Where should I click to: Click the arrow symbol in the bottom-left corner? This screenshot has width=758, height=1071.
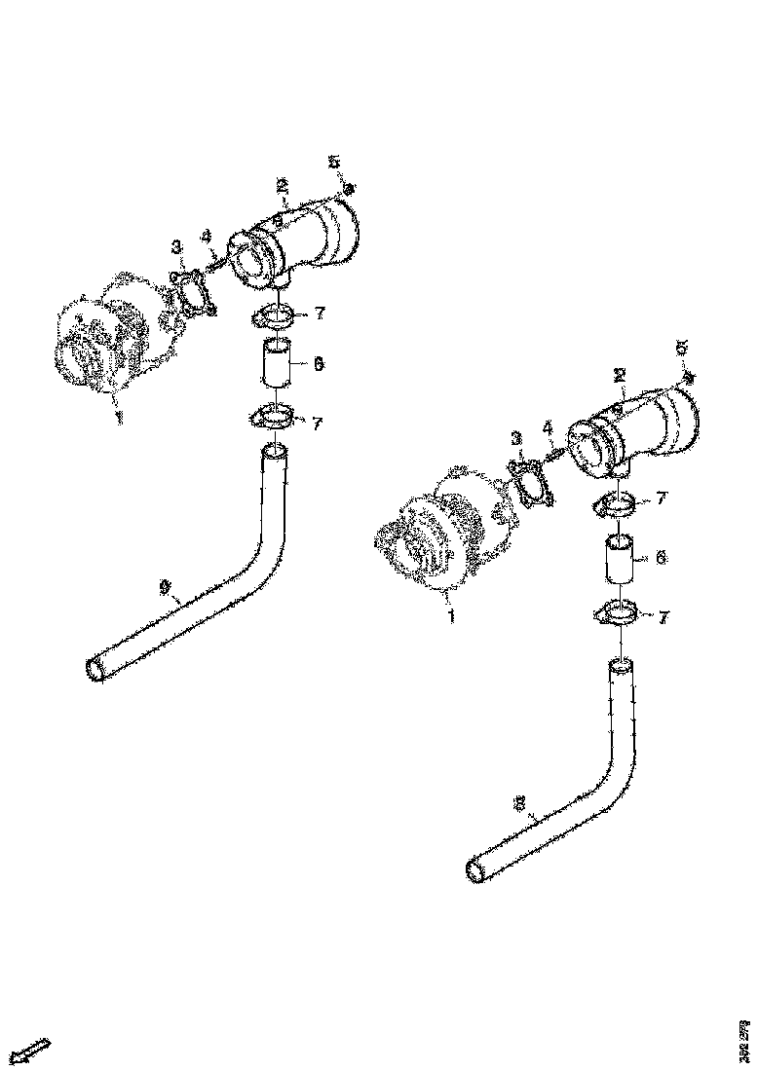click(x=32, y=1051)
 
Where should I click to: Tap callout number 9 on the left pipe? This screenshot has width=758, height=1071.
click(x=165, y=586)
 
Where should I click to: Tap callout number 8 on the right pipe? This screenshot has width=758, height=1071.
click(x=520, y=804)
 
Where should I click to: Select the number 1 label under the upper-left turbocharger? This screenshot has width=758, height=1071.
click(x=120, y=417)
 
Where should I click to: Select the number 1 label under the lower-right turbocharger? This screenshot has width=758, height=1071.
click(x=450, y=616)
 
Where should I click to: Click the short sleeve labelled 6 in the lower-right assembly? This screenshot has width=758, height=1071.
click(x=621, y=558)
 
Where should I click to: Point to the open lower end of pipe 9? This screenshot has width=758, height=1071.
click(x=97, y=670)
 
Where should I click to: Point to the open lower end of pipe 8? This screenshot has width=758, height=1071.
click(x=476, y=871)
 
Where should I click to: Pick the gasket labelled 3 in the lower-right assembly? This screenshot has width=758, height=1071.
click(x=530, y=484)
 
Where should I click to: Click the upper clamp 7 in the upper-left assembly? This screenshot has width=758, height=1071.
click(x=276, y=314)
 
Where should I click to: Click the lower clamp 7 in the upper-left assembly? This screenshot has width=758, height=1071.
click(x=270, y=419)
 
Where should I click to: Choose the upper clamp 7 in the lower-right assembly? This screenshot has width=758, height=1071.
click(x=616, y=503)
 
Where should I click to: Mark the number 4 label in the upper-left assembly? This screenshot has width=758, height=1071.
click(x=206, y=237)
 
